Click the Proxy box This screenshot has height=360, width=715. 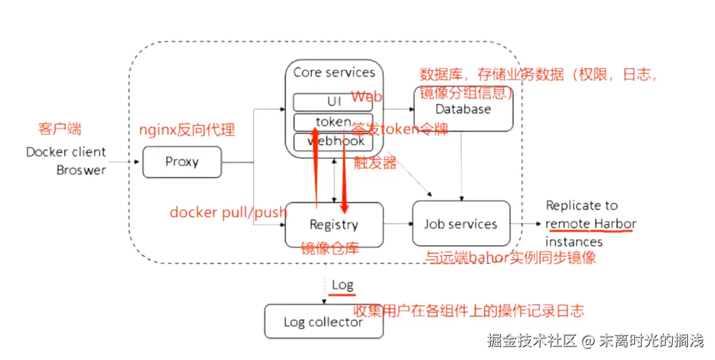pyautogui.click(x=182, y=162)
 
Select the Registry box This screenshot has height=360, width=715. pyautogui.click(x=334, y=225)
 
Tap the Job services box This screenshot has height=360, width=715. pyautogui.click(x=461, y=224)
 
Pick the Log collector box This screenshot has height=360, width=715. pyautogui.click(x=324, y=322)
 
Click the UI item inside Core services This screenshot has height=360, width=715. pyautogui.click(x=333, y=102)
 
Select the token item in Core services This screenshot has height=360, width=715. pyautogui.click(x=333, y=122)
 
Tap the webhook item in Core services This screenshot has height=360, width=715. pyautogui.click(x=333, y=142)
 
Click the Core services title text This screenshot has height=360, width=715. pyautogui.click(x=334, y=73)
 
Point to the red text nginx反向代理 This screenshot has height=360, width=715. pyautogui.click(x=187, y=129)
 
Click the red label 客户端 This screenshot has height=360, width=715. pyautogui.click(x=60, y=129)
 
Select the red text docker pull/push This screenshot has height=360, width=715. pyautogui.click(x=228, y=212)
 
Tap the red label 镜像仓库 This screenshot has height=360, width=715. pyautogui.click(x=330, y=248)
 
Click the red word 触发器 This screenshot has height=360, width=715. pyautogui.click(x=375, y=163)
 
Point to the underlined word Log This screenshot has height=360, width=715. pyautogui.click(x=342, y=285)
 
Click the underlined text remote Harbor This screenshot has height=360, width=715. pyautogui.click(x=591, y=224)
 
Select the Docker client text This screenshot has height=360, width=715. pyautogui.click(x=66, y=152)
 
